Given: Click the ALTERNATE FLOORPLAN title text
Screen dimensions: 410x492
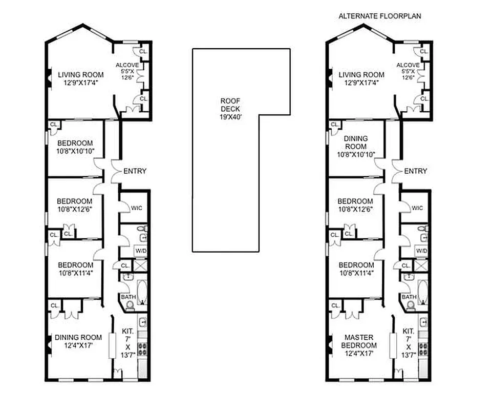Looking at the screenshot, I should pos(379,16).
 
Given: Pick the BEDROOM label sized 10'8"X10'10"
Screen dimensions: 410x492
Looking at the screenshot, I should pos(75,143).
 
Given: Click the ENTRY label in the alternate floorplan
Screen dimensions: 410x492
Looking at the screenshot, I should pos(416,171).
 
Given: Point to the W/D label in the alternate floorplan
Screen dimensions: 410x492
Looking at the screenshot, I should pos(421,251).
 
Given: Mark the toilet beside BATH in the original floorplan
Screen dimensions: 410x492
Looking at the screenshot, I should pos(130,306).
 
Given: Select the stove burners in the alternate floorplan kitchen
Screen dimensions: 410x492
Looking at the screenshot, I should pos(423,349).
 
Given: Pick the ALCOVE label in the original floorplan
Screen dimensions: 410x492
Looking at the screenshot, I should pos(124,65).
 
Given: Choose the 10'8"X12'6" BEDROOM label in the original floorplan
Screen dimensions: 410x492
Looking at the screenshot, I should pos(75,201).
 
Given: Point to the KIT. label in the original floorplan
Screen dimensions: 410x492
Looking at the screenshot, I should pos(127,331).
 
